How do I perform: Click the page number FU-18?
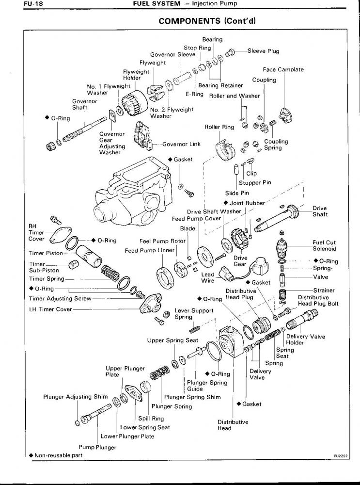(x=33, y=4)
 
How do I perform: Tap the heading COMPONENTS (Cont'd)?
(x=207, y=21)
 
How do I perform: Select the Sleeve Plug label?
(x=263, y=51)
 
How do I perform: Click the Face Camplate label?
(x=283, y=69)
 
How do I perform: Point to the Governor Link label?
(x=181, y=144)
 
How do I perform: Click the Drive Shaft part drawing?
(x=277, y=218)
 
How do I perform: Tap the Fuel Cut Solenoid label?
(x=324, y=245)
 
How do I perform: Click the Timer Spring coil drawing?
(x=110, y=273)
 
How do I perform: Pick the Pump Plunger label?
(x=97, y=447)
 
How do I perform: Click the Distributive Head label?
(x=233, y=425)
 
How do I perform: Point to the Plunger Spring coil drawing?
(x=159, y=372)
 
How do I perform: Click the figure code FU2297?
(x=341, y=456)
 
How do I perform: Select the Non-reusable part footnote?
(x=56, y=455)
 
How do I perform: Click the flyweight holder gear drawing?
(x=134, y=102)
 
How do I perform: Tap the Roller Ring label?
(x=219, y=127)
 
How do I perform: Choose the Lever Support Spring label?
(x=194, y=314)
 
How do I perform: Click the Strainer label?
(x=324, y=291)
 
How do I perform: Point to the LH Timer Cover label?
(x=50, y=309)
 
